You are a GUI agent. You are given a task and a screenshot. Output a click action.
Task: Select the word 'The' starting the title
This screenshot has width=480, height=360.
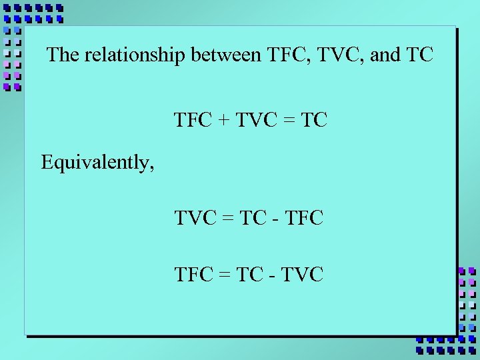pyautogui.click(x=63, y=55)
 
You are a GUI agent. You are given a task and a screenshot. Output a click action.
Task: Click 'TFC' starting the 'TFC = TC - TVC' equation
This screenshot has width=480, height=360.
pyautogui.click(x=193, y=273)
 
